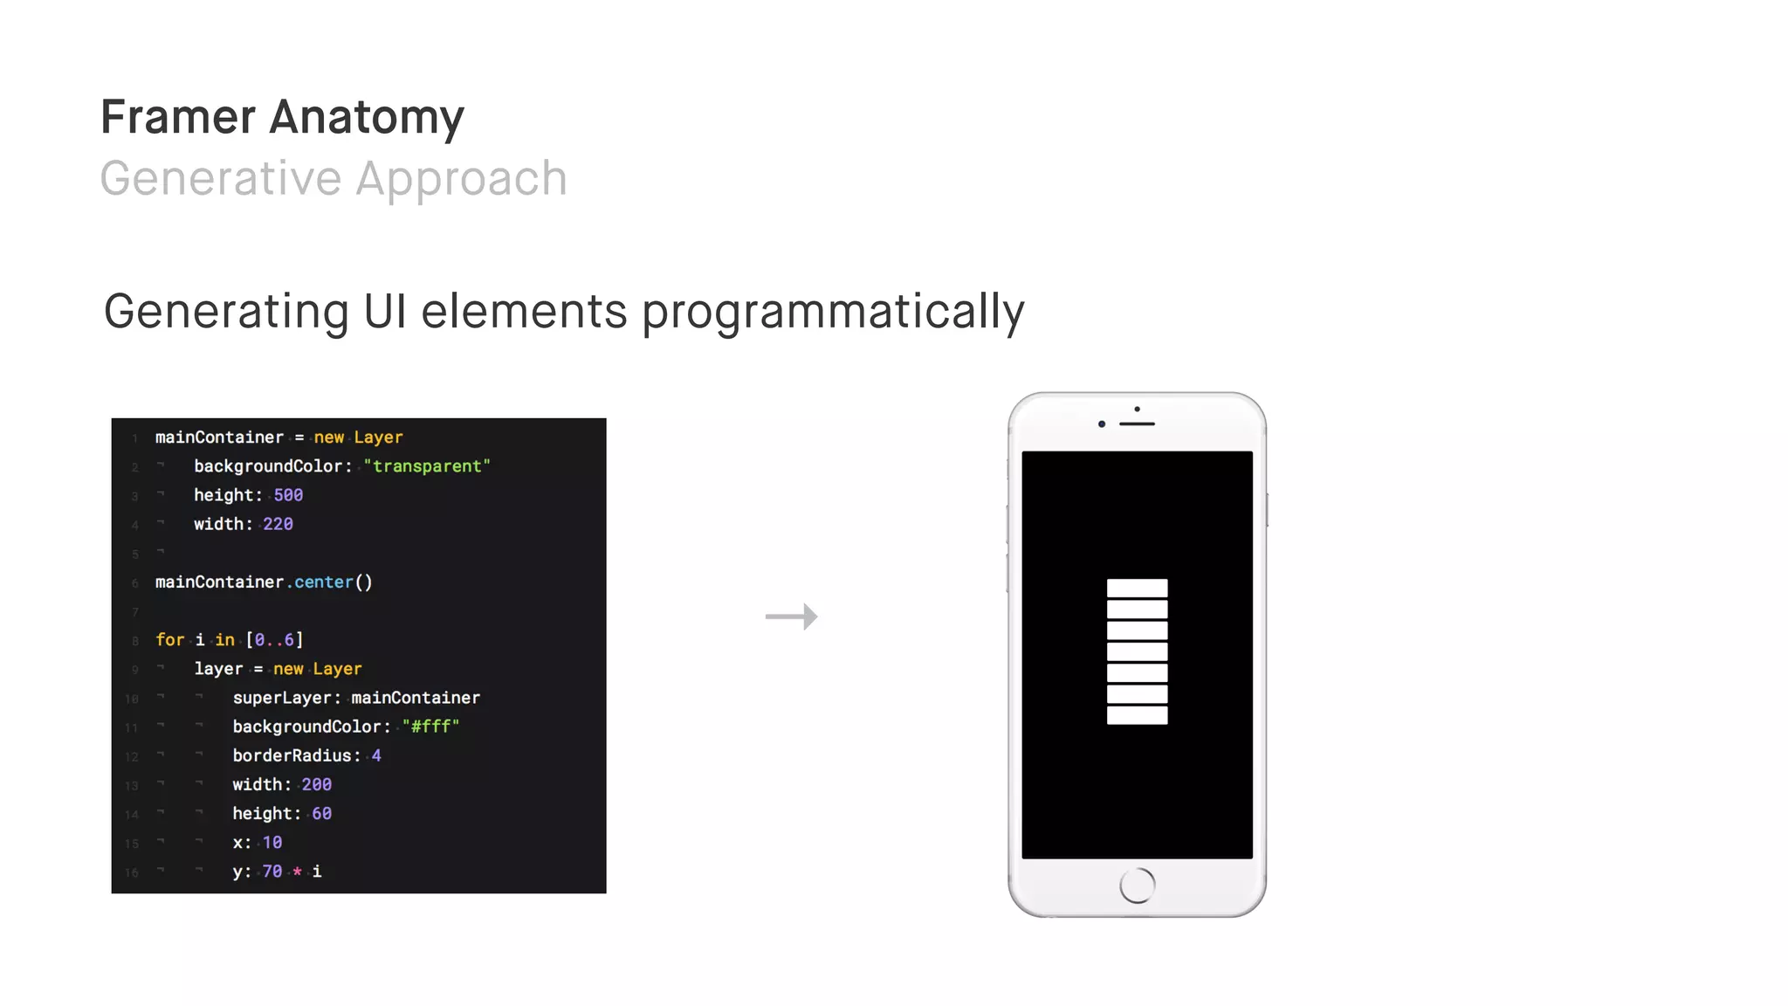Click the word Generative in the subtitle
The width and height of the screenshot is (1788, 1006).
click(220, 179)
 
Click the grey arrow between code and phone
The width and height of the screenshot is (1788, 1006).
click(791, 617)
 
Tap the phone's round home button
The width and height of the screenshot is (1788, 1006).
click(1137, 885)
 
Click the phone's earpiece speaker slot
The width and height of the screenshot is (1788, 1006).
click(1137, 424)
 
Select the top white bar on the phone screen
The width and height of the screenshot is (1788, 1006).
click(1137, 588)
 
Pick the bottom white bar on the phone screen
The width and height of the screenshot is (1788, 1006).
click(1137, 715)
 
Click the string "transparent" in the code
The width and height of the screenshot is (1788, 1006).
click(427, 466)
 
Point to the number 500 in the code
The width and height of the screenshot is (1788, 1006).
click(288, 495)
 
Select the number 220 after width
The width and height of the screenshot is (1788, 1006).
click(278, 524)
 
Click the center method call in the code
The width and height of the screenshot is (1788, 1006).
click(324, 582)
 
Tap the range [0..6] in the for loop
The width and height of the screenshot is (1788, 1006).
click(274, 640)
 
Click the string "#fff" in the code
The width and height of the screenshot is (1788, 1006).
click(430, 727)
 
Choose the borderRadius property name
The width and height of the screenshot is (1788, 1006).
click(292, 755)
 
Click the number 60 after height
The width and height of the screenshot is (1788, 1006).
click(321, 814)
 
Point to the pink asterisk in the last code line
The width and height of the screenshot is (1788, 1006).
click(297, 872)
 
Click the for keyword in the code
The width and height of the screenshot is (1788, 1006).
click(169, 640)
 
